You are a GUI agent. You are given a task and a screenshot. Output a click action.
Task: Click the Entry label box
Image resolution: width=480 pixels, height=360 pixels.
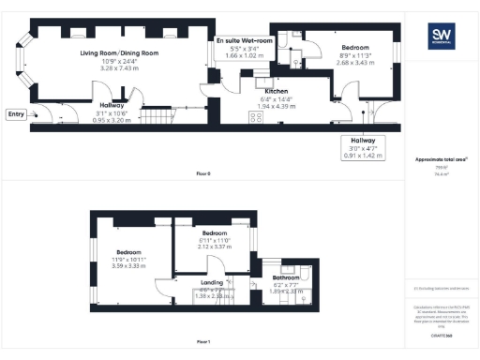click(16, 114)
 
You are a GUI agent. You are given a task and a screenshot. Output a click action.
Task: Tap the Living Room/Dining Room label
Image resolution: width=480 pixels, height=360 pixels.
click(119, 53)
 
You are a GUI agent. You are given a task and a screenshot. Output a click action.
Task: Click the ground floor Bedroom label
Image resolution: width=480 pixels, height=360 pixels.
click(354, 48)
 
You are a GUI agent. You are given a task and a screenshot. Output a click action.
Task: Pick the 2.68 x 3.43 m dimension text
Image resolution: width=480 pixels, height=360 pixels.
click(354, 62)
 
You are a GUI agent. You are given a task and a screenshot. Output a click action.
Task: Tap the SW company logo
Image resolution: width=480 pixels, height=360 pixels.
click(440, 37)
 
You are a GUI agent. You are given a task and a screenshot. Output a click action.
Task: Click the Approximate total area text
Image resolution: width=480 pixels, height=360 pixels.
click(439, 159)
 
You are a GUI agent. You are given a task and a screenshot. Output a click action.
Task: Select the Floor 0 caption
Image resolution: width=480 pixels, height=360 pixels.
click(202, 174)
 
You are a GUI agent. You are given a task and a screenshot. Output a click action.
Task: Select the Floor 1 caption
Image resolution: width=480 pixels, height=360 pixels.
click(202, 342)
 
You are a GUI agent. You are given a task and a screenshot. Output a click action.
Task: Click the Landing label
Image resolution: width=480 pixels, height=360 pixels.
click(212, 281)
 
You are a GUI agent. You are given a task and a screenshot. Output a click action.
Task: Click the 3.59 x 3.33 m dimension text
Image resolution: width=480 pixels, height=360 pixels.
click(128, 265)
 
